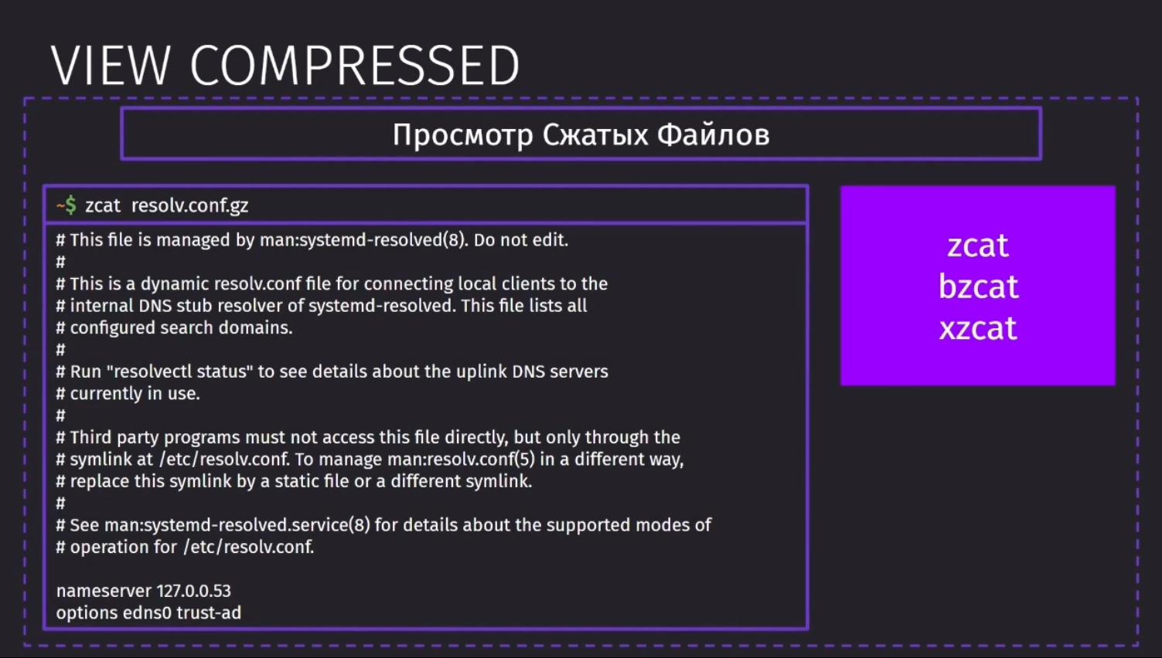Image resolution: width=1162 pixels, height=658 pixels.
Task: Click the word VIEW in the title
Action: point(111,66)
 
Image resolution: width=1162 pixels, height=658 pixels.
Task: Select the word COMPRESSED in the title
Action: point(355,66)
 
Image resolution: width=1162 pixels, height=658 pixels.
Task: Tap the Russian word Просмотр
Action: point(463,135)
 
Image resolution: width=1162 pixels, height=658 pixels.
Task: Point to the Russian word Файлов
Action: point(714,134)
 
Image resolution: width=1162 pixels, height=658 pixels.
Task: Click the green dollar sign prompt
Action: point(70,205)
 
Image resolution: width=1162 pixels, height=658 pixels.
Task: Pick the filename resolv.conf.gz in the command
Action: point(190,205)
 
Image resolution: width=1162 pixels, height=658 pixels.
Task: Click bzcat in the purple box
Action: point(978,286)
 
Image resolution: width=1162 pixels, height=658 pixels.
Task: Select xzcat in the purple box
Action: point(978,328)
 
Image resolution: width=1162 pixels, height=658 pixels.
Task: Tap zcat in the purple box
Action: point(978,245)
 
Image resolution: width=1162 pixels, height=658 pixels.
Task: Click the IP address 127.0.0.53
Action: point(194,591)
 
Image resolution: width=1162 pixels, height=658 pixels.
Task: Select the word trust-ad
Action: point(209,613)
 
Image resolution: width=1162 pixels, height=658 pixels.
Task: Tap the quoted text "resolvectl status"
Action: point(179,371)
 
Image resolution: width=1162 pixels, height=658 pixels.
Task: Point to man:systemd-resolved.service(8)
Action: point(237,525)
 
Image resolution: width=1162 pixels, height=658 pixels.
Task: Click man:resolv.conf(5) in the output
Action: point(462,460)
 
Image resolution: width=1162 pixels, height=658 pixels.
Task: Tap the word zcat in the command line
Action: point(103,205)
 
